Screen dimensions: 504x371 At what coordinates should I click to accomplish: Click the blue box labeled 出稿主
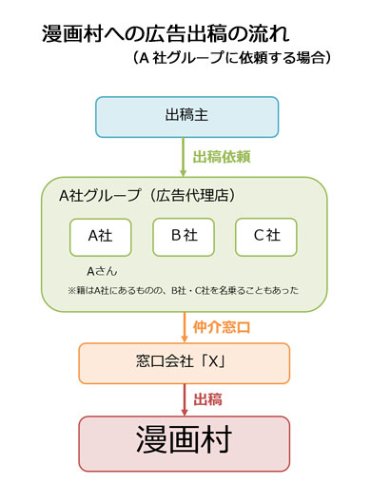(x=185, y=117)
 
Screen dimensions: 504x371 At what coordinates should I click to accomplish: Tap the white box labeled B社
(x=184, y=236)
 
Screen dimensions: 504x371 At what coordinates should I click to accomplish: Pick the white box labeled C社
(x=265, y=236)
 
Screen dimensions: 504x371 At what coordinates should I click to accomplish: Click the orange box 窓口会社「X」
(x=185, y=362)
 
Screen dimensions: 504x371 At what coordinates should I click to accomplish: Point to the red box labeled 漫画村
(x=185, y=443)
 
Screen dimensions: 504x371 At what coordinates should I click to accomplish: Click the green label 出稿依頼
(x=220, y=156)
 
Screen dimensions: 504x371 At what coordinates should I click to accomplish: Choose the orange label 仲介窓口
(x=220, y=326)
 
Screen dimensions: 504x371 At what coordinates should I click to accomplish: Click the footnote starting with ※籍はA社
(x=184, y=289)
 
